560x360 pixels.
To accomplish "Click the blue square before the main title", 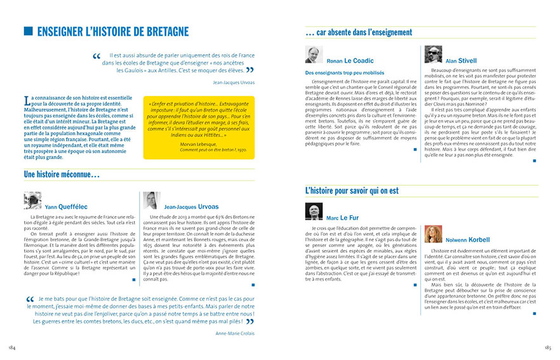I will click(x=28, y=31).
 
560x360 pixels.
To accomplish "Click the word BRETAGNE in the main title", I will click(x=160, y=31).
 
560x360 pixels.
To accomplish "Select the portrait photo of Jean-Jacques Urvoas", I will click(x=151, y=201).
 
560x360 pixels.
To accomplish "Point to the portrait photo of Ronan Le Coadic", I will click(x=314, y=55).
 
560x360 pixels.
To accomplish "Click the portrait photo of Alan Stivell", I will click(x=433, y=55).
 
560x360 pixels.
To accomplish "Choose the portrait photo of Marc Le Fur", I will click(x=314, y=212).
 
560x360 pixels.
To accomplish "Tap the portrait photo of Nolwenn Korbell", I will click(x=433, y=234).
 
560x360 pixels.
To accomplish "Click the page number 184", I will click(x=11, y=348).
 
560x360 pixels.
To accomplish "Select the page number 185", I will click(x=547, y=348).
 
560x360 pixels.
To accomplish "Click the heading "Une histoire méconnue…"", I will click(x=62, y=174).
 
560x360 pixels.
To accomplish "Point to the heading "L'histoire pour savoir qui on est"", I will click(x=352, y=190).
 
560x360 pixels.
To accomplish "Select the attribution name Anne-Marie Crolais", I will click(x=235, y=333).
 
